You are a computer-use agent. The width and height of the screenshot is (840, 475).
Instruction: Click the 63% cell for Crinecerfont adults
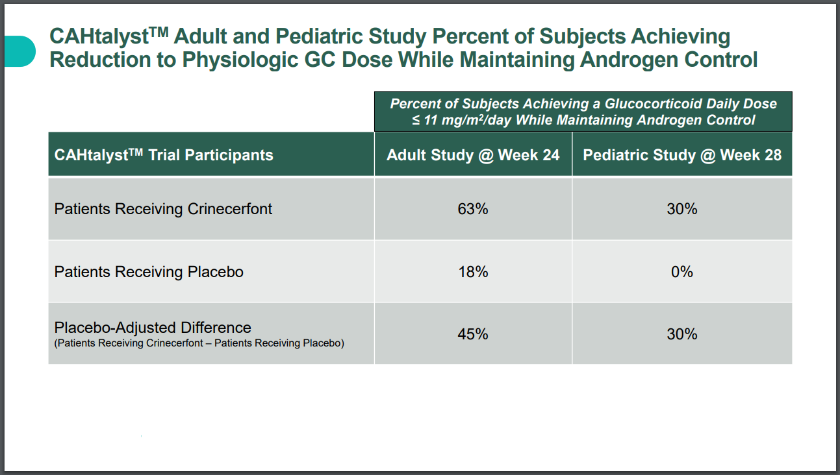pyautogui.click(x=473, y=209)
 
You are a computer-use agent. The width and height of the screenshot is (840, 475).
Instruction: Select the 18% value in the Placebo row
pyautogui.click(x=473, y=272)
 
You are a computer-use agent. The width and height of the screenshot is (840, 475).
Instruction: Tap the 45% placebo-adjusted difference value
pyautogui.click(x=473, y=334)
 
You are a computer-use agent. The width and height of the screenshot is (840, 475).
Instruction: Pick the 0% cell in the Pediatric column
pyautogui.click(x=682, y=272)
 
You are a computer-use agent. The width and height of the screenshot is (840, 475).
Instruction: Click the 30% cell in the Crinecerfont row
pyautogui.click(x=682, y=209)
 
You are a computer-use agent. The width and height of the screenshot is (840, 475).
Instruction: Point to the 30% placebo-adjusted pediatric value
pyautogui.click(x=682, y=334)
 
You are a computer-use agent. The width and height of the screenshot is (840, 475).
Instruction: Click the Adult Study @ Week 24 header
pyautogui.click(x=473, y=155)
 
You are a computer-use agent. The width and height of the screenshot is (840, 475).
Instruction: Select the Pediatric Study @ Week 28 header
pyautogui.click(x=682, y=155)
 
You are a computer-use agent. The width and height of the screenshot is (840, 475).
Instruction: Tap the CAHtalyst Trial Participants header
pyautogui.click(x=164, y=155)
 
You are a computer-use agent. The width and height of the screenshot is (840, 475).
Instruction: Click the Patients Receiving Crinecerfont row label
pyautogui.click(x=163, y=209)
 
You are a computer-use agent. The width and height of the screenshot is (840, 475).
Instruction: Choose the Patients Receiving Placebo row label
pyautogui.click(x=149, y=272)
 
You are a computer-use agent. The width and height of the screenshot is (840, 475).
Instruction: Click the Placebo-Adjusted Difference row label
pyautogui.click(x=153, y=328)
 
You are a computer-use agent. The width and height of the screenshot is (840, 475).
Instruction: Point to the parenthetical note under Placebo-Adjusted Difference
pyautogui.click(x=199, y=343)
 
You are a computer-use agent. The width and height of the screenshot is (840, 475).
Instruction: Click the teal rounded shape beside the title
pyautogui.click(x=20, y=51)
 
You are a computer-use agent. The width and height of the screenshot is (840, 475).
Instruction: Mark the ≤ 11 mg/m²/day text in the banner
pyautogui.click(x=461, y=120)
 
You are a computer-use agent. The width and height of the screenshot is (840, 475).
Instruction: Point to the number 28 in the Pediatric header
pyautogui.click(x=773, y=155)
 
